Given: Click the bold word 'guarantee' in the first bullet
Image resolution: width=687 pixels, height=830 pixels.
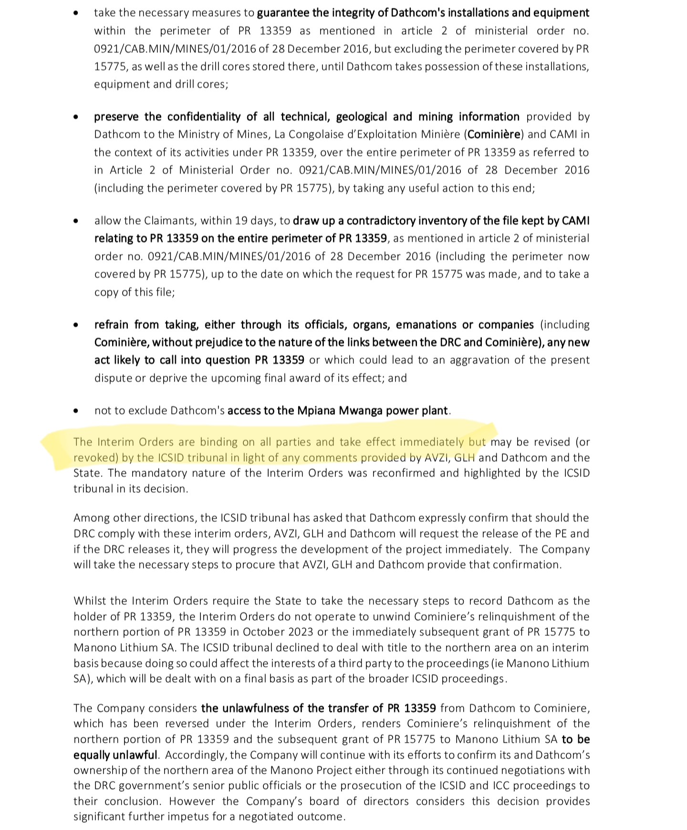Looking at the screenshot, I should click(x=283, y=13).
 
